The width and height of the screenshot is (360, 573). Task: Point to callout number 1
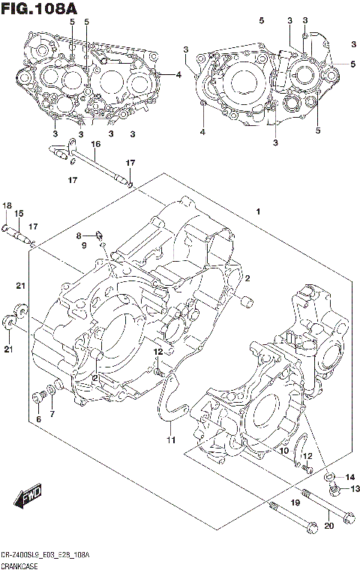tap(257, 213)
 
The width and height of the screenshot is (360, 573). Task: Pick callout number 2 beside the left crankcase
tap(245, 278)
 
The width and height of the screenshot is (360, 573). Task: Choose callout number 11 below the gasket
tap(170, 439)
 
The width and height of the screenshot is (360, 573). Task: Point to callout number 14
tap(349, 477)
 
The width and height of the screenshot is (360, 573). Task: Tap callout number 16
tap(95, 144)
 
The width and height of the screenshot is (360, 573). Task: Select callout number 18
tap(6, 206)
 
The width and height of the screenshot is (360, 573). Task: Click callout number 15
tap(19, 214)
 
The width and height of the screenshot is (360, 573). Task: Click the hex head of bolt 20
tap(347, 517)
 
